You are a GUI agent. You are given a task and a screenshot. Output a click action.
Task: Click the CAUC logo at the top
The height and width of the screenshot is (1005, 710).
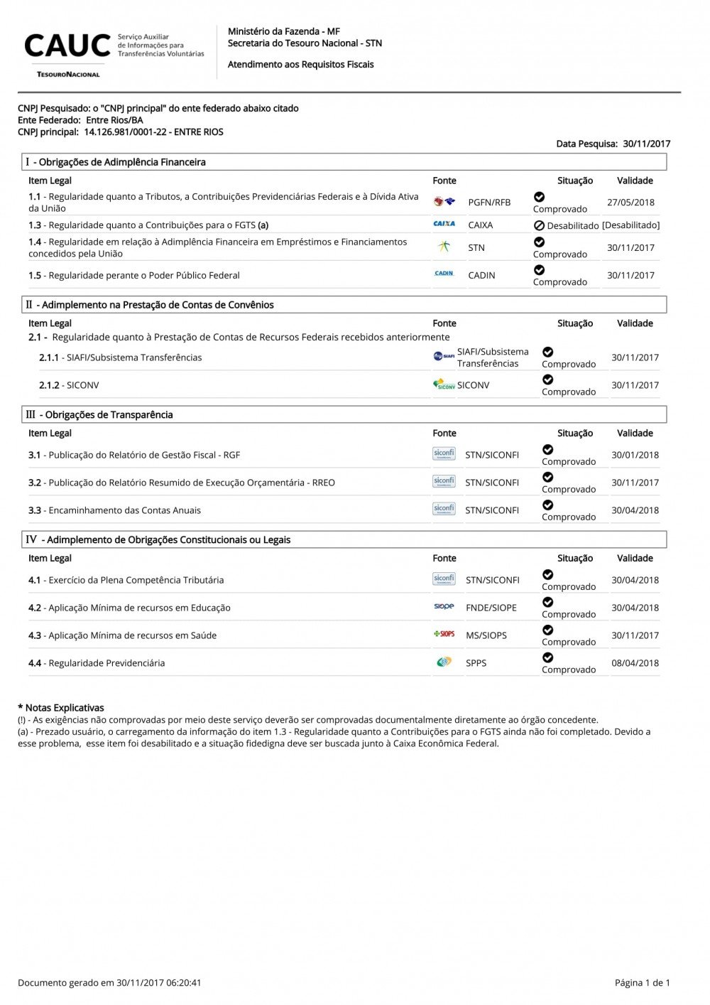pyautogui.click(x=67, y=47)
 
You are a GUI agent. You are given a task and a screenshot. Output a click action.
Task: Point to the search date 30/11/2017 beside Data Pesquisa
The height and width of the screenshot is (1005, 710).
pyautogui.click(x=646, y=144)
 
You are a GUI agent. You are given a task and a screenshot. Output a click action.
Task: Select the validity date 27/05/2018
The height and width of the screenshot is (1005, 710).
pyautogui.click(x=630, y=203)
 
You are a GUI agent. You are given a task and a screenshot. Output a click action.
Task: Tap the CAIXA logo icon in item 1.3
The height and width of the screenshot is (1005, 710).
pyautogui.click(x=444, y=224)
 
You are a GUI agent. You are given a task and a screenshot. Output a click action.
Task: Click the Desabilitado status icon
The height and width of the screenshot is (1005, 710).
pyautogui.click(x=539, y=225)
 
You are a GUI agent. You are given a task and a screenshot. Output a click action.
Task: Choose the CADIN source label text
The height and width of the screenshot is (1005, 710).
pyautogui.click(x=481, y=276)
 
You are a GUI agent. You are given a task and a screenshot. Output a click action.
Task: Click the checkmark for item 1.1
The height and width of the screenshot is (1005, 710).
pyautogui.click(x=539, y=197)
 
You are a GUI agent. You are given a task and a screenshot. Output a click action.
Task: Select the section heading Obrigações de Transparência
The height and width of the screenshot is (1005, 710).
pyautogui.click(x=109, y=415)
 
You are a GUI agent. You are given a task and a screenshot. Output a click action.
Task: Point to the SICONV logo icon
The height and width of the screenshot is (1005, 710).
pyautogui.click(x=444, y=385)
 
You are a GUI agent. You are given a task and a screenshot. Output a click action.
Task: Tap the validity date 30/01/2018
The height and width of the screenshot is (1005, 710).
pyautogui.click(x=635, y=455)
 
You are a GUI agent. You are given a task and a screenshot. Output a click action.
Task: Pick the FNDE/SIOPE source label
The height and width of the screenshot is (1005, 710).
pyautogui.click(x=491, y=608)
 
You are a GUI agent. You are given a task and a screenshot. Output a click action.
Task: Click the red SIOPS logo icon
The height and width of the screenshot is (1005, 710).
pyautogui.click(x=444, y=634)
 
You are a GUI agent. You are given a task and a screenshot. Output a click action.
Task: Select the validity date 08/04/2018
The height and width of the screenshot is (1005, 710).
pyautogui.click(x=635, y=663)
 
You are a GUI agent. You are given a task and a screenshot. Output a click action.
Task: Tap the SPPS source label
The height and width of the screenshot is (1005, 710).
pyautogui.click(x=476, y=663)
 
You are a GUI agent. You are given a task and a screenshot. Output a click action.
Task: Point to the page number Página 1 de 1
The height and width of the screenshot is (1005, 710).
pyautogui.click(x=642, y=983)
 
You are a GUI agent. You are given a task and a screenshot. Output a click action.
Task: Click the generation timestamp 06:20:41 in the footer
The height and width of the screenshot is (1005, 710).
pyautogui.click(x=183, y=983)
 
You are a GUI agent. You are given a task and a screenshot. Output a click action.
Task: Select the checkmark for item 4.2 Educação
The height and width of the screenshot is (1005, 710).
pyautogui.click(x=547, y=603)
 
